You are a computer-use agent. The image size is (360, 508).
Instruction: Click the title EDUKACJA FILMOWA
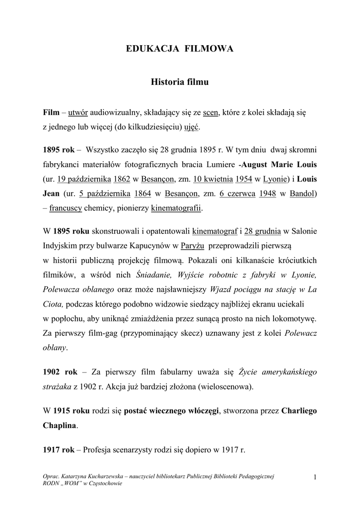pos(180,49)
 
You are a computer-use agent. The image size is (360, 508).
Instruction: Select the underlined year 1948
pos(268,193)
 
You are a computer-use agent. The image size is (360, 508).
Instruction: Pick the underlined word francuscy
pos(66,208)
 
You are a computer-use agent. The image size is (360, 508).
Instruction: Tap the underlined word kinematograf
pos(215,231)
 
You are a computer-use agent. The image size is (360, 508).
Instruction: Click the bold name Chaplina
pos(60,425)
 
